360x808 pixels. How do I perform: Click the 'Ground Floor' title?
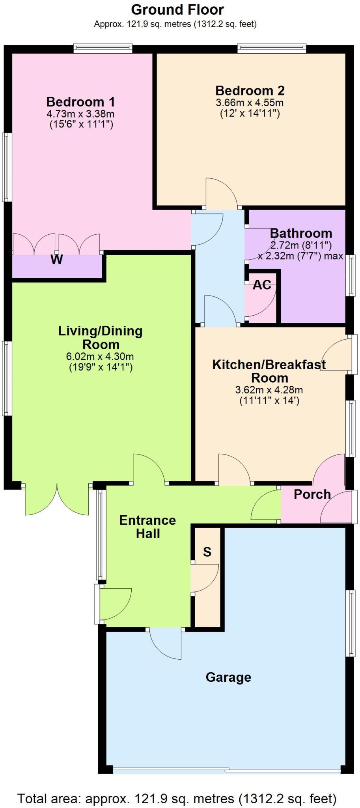[x=177, y=9]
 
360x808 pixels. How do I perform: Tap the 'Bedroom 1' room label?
[x=81, y=102]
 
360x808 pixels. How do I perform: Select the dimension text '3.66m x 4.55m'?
[x=250, y=103]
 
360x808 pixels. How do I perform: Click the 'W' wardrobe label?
[x=57, y=260]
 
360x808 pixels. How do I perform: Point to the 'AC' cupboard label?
[x=262, y=285]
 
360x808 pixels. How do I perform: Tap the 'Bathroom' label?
[x=301, y=233]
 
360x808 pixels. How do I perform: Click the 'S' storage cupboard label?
[x=207, y=552]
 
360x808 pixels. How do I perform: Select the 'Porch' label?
[x=312, y=494]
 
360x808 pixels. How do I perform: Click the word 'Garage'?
[x=228, y=677]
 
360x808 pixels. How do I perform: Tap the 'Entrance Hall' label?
[x=147, y=527]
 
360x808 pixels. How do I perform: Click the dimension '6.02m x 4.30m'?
[x=100, y=357]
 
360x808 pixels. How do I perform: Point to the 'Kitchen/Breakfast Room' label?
[x=269, y=371]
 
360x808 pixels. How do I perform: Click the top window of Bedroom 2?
[x=272, y=49]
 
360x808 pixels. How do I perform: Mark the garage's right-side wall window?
[x=350, y=623]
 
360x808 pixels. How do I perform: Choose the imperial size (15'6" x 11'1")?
[x=81, y=125]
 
